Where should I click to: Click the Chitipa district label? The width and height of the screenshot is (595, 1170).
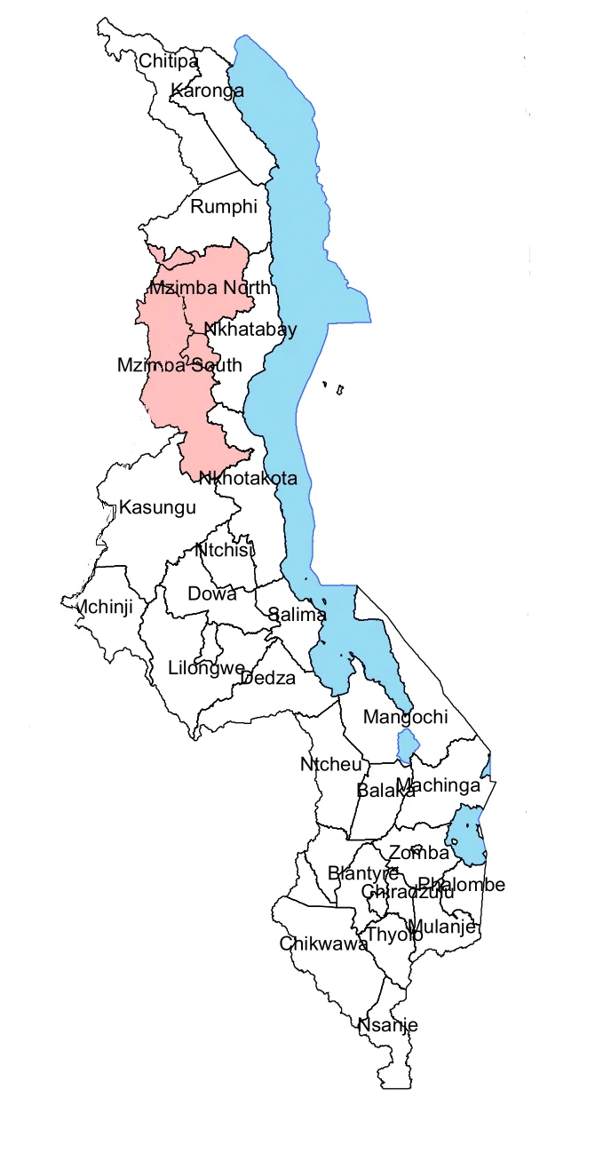(168, 61)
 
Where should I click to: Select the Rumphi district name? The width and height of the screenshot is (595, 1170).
(224, 207)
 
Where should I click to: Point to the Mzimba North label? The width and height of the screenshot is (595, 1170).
(210, 288)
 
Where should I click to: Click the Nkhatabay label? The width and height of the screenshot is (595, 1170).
(250, 330)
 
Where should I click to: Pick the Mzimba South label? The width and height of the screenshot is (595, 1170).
(179, 365)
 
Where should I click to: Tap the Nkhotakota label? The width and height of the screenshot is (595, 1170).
(248, 478)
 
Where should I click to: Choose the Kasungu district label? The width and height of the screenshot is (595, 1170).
(157, 508)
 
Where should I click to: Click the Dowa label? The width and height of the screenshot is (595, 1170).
(212, 594)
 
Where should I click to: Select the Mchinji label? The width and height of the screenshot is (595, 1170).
(107, 607)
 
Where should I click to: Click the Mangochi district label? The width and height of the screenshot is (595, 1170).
(406, 716)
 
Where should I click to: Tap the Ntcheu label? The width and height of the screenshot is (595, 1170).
(331, 765)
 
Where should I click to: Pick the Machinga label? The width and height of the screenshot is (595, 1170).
(438, 785)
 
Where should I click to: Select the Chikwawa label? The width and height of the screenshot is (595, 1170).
(323, 943)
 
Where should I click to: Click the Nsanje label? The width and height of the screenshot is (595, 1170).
(387, 1025)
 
